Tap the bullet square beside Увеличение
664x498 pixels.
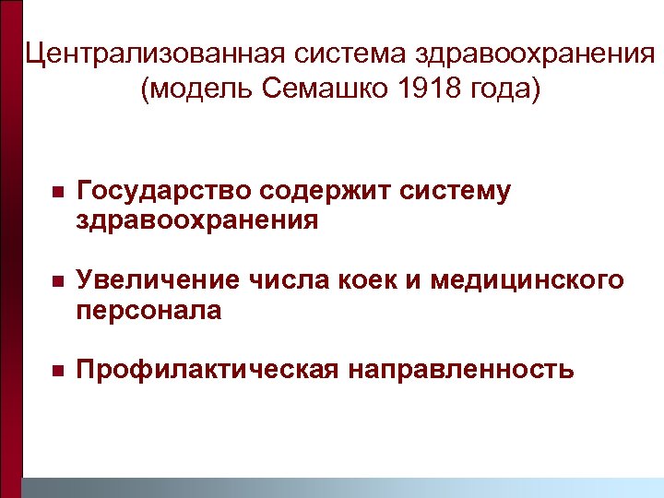(x=56, y=281)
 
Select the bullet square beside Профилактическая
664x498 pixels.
(x=56, y=372)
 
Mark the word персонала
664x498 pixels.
(x=148, y=311)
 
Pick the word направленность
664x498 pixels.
(x=461, y=371)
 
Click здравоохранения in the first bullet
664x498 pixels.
(x=197, y=221)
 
